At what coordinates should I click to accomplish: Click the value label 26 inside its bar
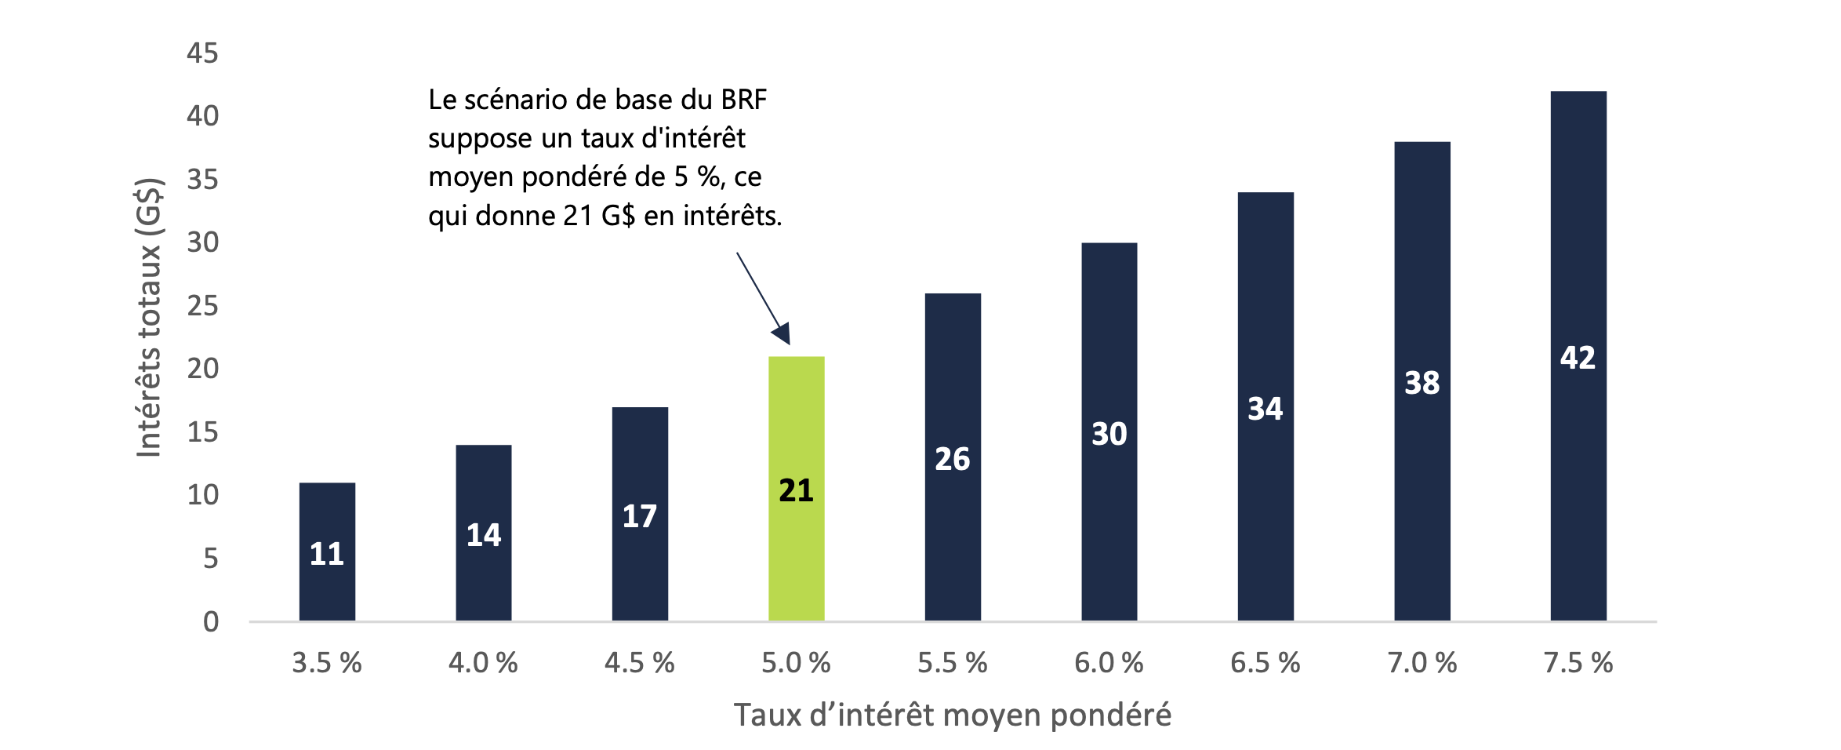(x=953, y=459)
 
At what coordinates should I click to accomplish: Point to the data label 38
(x=1422, y=383)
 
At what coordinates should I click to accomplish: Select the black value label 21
(x=796, y=490)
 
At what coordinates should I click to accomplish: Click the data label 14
(x=483, y=535)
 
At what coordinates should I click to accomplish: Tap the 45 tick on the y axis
(x=202, y=53)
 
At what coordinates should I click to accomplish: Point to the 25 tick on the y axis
(x=202, y=306)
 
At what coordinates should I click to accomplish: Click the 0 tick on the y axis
(x=210, y=622)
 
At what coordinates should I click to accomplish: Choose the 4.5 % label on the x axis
(x=639, y=664)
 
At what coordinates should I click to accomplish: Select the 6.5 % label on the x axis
(x=1265, y=664)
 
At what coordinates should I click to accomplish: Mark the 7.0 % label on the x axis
(x=1422, y=664)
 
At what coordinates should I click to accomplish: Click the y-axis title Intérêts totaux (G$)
(x=149, y=318)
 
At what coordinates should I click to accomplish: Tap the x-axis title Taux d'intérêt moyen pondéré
(x=952, y=715)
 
